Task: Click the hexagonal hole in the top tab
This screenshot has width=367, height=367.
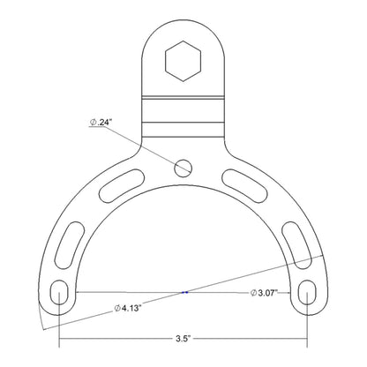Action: coord(183,60)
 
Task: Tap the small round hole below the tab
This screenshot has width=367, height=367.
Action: coord(183,166)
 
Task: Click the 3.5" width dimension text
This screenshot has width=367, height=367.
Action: coord(183,337)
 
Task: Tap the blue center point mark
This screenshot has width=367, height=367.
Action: coord(183,291)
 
